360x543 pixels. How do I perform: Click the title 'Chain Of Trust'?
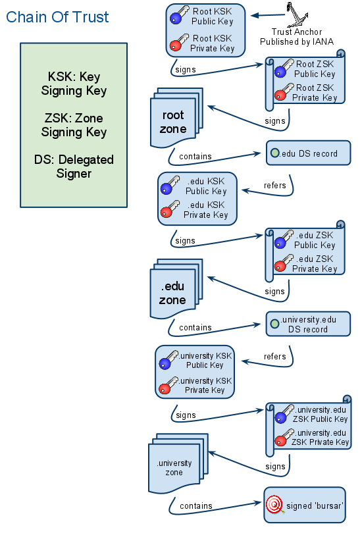pos(58,17)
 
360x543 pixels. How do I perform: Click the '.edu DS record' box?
pos(308,153)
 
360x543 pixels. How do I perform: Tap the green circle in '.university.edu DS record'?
pos(274,324)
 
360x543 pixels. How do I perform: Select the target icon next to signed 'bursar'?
pos(274,505)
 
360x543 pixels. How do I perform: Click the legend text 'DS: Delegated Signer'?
pos(74,167)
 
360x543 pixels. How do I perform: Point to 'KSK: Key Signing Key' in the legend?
pos(74,84)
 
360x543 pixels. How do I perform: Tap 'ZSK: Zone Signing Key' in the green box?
pos(74,125)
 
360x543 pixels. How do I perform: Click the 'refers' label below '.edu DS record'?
pos(274,186)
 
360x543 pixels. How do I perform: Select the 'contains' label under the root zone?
pos(195,157)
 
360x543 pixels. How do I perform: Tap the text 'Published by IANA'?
pos(296,41)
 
